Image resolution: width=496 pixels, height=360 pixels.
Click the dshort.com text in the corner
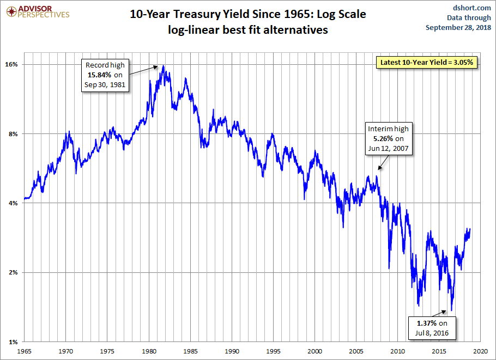pos(471,7)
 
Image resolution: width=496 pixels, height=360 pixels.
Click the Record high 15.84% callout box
pos(105,75)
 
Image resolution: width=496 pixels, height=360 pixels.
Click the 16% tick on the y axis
pos(11,64)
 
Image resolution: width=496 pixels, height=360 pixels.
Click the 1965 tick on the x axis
pos(25,352)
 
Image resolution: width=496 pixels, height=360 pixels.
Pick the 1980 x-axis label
pos(149,352)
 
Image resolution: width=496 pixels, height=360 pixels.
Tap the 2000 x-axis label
pos(316,352)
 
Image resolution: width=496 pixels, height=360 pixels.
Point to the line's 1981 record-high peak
pos(163,66)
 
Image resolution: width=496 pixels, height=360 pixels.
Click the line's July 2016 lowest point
pos(451,310)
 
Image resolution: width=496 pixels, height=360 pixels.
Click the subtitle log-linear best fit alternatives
pos(248,30)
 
